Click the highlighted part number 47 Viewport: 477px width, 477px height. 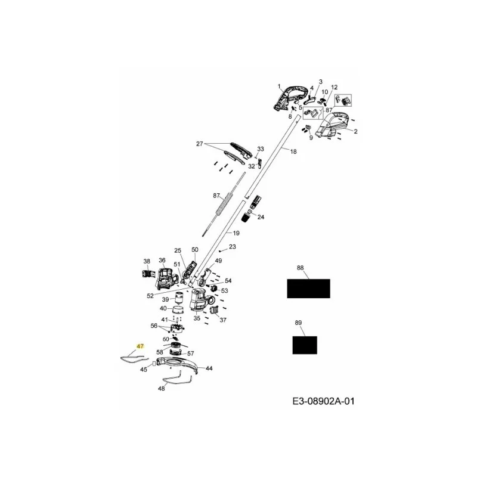140,346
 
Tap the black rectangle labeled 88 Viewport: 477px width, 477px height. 308,289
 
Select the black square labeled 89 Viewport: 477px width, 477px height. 305,345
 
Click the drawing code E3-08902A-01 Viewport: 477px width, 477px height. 323,401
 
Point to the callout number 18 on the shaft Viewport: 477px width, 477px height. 293,151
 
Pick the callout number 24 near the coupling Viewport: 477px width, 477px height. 261,217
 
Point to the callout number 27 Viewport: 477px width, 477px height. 200,144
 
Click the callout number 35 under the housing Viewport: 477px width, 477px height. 197,318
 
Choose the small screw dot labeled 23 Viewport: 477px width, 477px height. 220,251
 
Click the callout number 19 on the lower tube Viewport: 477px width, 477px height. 236,233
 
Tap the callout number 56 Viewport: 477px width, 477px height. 154,326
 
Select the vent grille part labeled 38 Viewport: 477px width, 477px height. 147,273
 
